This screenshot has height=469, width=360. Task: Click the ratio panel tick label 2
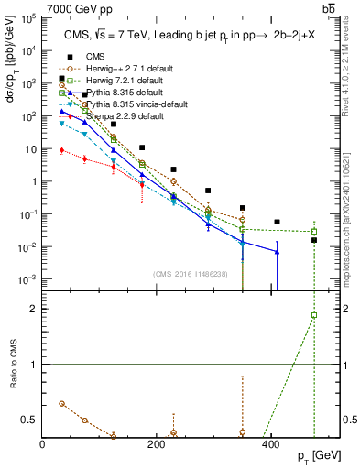35,309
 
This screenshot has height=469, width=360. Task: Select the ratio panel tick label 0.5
30,420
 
